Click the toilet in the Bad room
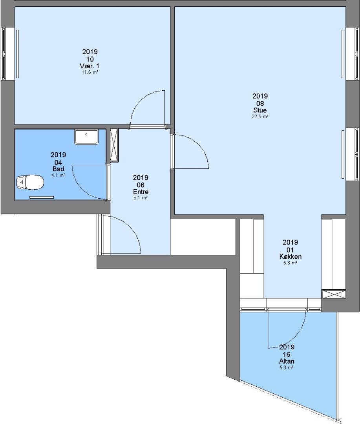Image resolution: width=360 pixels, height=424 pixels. click(30, 182)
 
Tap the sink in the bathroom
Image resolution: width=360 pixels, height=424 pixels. click(86, 137)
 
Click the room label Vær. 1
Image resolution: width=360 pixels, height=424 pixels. click(90, 66)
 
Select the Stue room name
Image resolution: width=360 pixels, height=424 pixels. click(260, 110)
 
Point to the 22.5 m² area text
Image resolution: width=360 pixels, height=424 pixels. click(260, 117)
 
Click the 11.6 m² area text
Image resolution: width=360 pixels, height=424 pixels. click(90, 72)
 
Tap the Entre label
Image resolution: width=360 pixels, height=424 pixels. click(141, 192)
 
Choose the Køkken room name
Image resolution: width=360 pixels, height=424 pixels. click(291, 256)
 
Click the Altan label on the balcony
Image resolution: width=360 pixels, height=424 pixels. click(287, 361)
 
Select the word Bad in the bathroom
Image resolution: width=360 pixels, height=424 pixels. click(58, 169)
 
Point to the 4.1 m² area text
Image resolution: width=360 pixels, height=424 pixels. click(58, 175)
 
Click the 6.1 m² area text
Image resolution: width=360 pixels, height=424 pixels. click(141, 197)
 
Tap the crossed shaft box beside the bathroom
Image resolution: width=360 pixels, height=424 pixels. click(114, 145)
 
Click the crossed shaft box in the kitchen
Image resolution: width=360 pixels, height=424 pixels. click(334, 294)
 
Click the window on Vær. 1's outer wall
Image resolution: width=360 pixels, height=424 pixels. click(4, 54)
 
